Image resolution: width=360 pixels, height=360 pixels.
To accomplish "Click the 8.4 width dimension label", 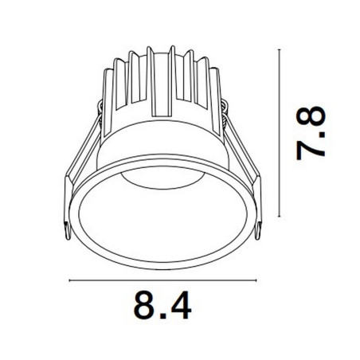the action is [162, 305].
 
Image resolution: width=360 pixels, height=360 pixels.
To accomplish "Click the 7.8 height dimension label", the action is [311, 133].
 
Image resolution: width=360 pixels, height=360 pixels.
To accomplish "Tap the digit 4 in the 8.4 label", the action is [181, 305].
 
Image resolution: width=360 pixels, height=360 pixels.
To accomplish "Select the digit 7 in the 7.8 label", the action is [311, 150].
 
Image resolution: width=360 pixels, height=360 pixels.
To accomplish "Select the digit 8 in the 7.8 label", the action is [311, 117].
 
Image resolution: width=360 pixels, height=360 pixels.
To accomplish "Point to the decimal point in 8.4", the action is [162, 316].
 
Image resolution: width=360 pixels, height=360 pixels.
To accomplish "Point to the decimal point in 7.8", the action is [322, 134].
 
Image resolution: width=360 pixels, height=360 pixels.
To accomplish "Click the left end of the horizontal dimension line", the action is [69, 280].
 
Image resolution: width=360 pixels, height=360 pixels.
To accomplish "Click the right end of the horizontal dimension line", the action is [256, 280].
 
